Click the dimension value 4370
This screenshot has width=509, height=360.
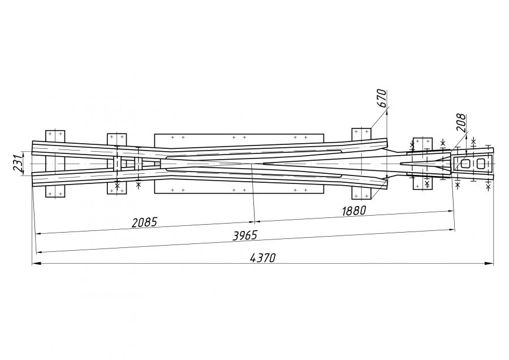262,258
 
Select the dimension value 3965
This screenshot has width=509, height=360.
245,235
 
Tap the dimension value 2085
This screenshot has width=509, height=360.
144,222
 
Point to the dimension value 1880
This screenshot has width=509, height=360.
354,211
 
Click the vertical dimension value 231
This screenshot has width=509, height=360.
18,163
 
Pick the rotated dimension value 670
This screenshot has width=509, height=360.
382,98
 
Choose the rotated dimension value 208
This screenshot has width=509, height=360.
460,122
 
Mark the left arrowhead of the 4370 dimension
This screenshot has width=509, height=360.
37,263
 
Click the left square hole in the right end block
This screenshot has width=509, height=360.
465,164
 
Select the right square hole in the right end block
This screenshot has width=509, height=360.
480,164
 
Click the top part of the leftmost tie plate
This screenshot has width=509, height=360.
55,136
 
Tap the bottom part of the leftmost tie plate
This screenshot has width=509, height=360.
55,191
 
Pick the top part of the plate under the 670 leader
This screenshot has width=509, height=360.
361,134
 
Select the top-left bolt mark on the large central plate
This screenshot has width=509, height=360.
172,137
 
